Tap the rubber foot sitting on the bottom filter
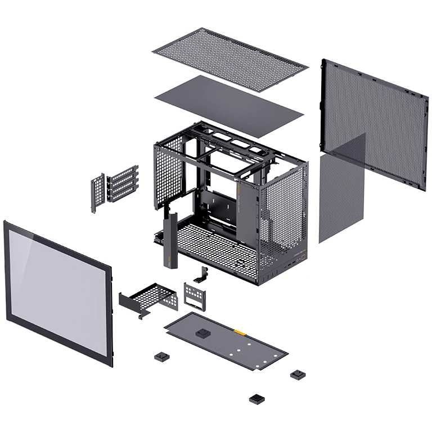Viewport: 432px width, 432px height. click(201, 333)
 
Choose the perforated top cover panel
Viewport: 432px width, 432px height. click(229, 57)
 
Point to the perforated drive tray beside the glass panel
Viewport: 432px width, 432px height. click(147, 298)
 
